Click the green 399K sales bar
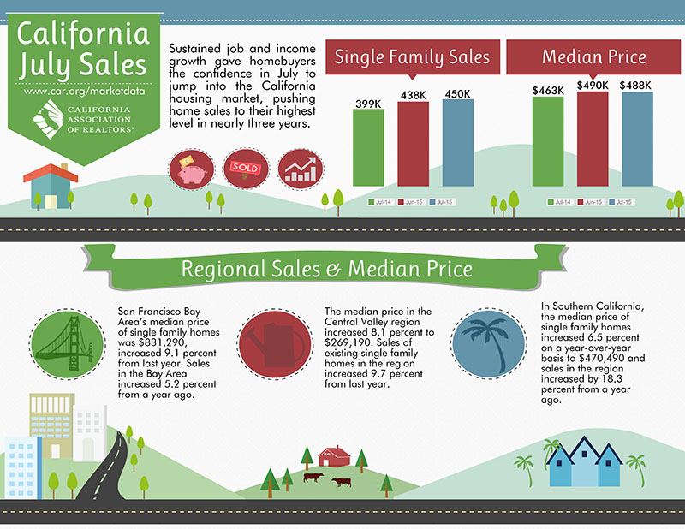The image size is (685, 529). (368, 147)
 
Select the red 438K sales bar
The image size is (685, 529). (414, 144)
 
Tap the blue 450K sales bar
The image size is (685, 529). (458, 143)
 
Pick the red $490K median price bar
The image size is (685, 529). (593, 139)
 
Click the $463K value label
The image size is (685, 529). (548, 91)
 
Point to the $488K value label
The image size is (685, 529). (635, 86)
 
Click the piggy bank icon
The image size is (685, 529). (191, 169)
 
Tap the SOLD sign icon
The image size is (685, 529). (246, 169)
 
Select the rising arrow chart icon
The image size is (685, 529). (301, 169)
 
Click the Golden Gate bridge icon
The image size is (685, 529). (68, 343)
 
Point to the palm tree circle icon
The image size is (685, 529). (488, 343)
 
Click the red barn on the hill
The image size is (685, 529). (334, 456)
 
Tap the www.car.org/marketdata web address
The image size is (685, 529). (84, 91)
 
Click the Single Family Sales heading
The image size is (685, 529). (412, 57)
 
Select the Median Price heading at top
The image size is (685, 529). (594, 57)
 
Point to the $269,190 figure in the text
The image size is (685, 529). (349, 342)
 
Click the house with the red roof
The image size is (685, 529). (51, 186)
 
